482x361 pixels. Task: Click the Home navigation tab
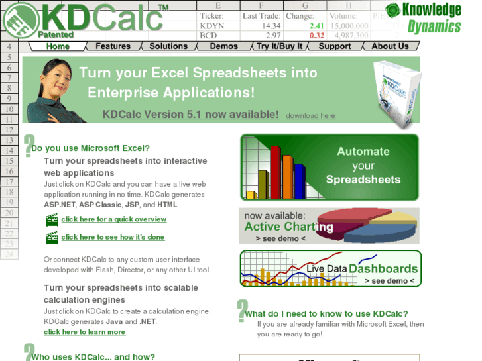point(58,46)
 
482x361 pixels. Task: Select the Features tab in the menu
point(113,46)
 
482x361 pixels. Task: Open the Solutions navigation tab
point(168,46)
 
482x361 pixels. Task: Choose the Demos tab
point(223,46)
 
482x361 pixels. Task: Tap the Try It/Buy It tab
point(279,46)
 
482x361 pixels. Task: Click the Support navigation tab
point(334,46)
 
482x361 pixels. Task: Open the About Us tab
point(390,46)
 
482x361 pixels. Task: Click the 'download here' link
point(310,116)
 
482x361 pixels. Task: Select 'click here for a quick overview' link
point(113,219)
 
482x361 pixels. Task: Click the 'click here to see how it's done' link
point(113,237)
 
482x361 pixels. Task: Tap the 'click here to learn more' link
point(84,332)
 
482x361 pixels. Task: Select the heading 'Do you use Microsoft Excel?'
point(91,148)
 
